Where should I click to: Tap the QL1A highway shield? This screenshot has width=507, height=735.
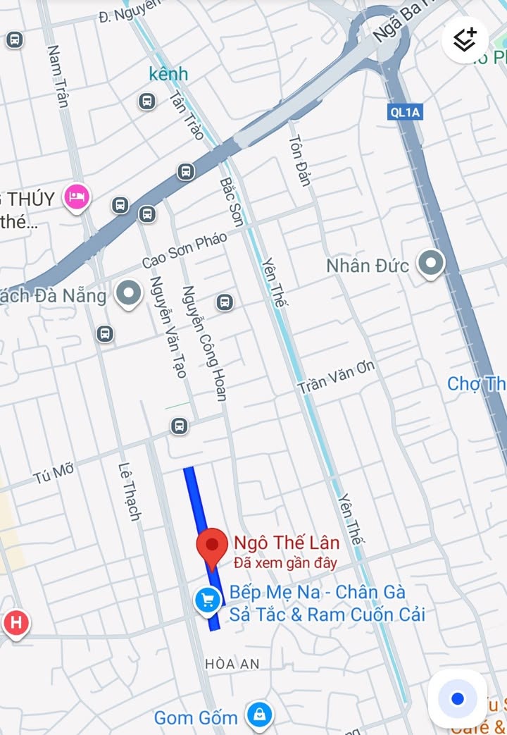pos(405,111)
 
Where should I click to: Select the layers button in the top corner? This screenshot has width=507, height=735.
pos(465,39)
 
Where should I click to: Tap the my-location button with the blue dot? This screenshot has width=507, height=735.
pos(458,698)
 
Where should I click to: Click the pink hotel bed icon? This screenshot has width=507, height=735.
pos(76,196)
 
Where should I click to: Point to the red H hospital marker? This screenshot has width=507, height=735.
pos(15,623)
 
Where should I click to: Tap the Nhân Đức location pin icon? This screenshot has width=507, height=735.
pos(430,264)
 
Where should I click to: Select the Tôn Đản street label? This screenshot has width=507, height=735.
pos(299,159)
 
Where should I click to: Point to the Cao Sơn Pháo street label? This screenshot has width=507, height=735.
pos(184,250)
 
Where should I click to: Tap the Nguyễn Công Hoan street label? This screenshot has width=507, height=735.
pos(204,342)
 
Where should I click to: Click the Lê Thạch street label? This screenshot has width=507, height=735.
pos(130,491)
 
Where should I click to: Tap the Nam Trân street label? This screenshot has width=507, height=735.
pos(58,76)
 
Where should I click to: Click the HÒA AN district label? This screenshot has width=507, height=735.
pos(232,663)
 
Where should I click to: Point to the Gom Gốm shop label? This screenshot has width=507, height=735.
pos(196,718)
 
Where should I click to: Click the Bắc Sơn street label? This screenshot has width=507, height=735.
pos(232,202)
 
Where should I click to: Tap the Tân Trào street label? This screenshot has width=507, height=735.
pos(187,116)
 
